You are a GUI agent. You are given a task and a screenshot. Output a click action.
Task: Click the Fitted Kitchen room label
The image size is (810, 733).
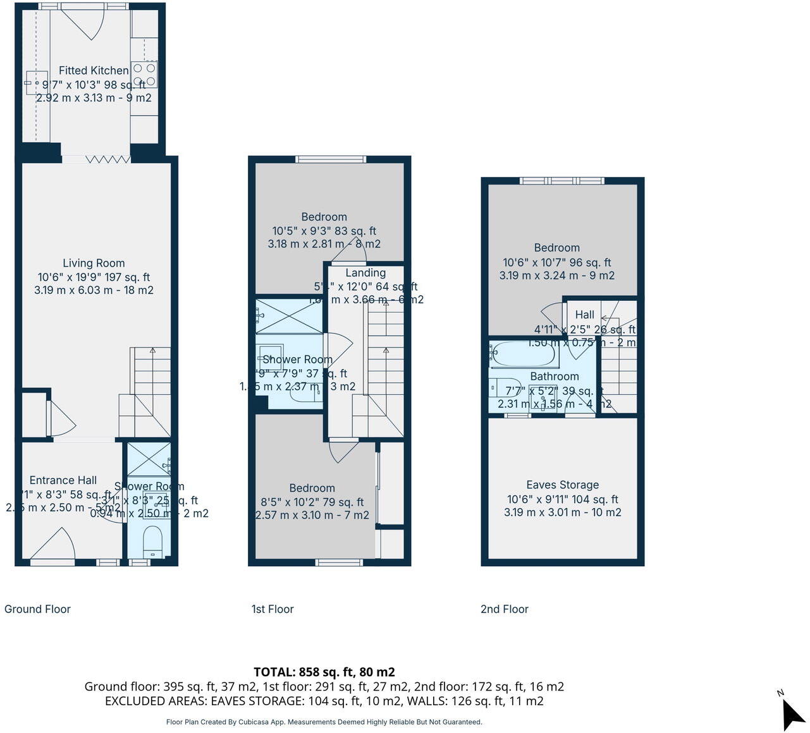94,70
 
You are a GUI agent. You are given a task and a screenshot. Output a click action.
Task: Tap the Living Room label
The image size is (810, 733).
94,263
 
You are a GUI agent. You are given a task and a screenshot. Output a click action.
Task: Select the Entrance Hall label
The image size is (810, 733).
63,480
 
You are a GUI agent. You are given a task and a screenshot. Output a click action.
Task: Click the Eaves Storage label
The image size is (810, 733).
562,485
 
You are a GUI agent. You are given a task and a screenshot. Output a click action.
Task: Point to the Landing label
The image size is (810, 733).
365,272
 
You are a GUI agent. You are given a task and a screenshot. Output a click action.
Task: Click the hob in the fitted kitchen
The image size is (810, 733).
145,75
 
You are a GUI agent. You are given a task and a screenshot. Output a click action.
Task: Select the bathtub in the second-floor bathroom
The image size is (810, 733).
524,354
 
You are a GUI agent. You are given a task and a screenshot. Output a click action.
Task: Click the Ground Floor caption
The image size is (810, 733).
37,609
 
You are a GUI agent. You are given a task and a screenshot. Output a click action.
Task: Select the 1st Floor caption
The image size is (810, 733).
273,609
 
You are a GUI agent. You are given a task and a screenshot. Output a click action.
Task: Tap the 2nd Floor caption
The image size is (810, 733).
504,609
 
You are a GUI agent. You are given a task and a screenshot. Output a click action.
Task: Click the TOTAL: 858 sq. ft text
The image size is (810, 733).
324,672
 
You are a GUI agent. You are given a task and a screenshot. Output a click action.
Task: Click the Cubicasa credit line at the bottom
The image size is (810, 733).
324,722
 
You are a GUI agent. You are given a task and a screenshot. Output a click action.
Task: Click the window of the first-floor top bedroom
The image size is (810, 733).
330,159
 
